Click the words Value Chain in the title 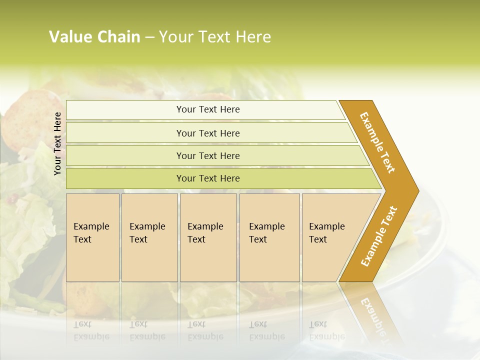(94, 37)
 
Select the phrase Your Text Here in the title (215, 37)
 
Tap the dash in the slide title (149, 37)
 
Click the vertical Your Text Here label (57, 143)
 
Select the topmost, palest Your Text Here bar (207, 109)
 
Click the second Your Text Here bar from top (207, 133)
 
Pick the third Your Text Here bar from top (207, 155)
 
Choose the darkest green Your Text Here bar (207, 178)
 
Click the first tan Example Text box (92, 237)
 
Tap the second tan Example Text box (149, 237)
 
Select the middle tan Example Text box (208, 237)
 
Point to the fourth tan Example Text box (269, 237)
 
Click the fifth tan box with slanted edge (330, 237)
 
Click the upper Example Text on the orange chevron (377, 142)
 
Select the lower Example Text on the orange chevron (379, 236)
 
